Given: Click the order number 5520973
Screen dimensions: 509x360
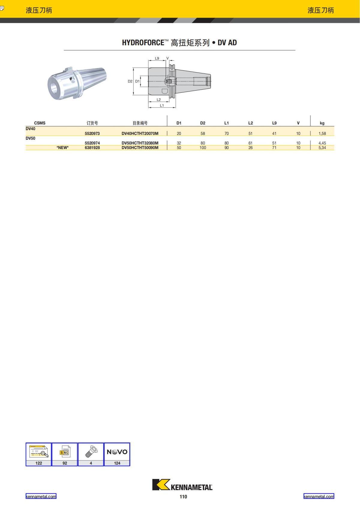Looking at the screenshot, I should point(92,133).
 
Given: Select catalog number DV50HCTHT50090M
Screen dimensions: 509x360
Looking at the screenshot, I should point(140,148).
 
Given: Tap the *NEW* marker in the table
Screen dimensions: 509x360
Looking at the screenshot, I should point(62,148).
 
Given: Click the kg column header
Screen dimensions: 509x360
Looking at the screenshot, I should point(322,123).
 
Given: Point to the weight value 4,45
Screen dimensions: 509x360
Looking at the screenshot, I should point(322,143).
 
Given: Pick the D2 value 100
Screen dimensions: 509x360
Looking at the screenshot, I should point(203,148).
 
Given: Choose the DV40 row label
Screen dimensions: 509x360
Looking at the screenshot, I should point(30,129).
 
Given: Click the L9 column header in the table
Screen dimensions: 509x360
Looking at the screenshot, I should point(274,123).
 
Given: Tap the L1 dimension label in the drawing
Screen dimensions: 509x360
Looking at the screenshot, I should point(162,105).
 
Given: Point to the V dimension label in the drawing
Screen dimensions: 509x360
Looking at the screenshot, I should point(167,58).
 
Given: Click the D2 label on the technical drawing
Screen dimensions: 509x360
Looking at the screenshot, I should point(130,81).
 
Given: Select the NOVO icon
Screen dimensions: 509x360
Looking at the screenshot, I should point(117,452).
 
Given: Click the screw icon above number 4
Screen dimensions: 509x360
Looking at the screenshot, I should point(91,451).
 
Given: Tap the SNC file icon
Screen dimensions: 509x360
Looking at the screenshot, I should point(64,452).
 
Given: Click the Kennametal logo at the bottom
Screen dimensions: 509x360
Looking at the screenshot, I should point(182,485).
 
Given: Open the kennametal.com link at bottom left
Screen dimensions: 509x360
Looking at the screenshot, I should point(41,496).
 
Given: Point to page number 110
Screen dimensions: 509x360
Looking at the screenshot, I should point(183,497).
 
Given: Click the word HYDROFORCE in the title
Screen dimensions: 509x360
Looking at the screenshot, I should point(143,43).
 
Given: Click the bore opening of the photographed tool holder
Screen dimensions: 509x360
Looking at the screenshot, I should point(55,88).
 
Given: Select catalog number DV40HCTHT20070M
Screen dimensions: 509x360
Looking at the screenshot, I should point(140,133).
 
